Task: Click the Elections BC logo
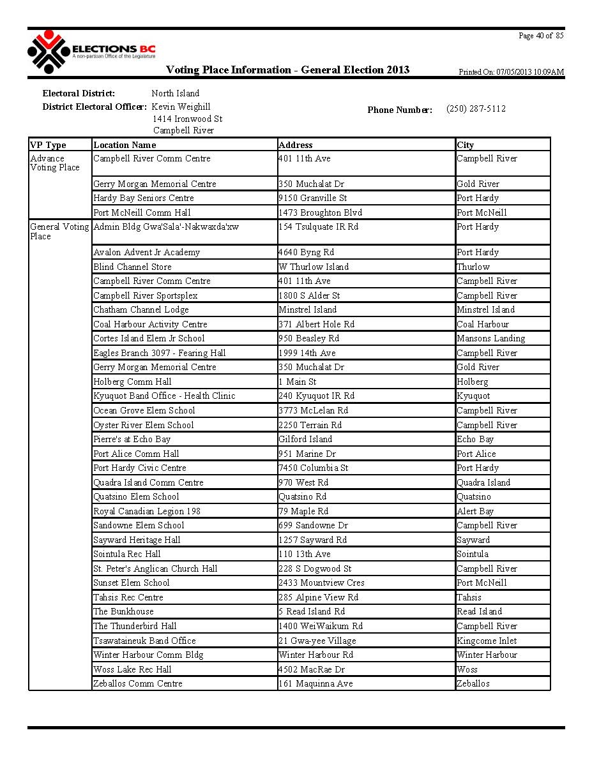tap(91, 52)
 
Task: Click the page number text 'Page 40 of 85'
tap(541, 36)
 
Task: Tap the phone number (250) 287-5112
tap(476, 109)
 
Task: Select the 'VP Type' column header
tap(48, 145)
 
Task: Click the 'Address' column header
tap(296, 145)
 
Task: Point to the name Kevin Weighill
tap(181, 107)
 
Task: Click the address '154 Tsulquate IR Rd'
tap(319, 227)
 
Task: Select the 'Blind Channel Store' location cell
tap(132, 267)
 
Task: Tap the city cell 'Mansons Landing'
tap(490, 338)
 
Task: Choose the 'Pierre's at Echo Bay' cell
tap(132, 439)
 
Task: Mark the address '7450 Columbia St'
tap(314, 468)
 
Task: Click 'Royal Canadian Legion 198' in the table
tap(147, 511)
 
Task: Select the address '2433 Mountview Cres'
tap(322, 583)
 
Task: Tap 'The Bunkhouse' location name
tap(123, 611)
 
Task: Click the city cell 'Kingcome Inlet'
tap(487, 641)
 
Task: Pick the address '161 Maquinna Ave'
tap(315, 683)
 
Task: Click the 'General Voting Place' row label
tap(59, 231)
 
